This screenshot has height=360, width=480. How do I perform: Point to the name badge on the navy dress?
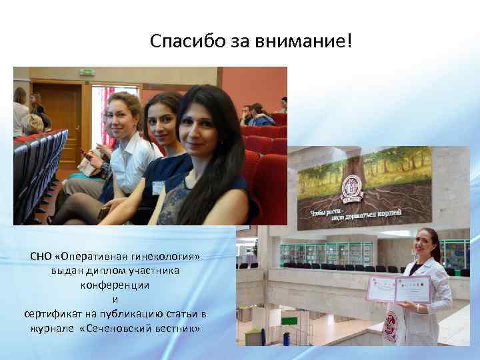[x=157, y=187]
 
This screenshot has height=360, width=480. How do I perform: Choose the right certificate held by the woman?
[x=413, y=289]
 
